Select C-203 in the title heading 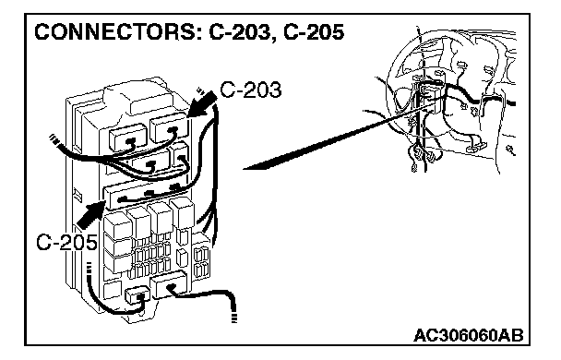click(x=239, y=32)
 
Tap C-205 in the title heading click(x=314, y=32)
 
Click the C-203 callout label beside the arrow click(x=250, y=90)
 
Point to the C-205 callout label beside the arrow click(x=66, y=242)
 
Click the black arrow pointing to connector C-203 click(x=201, y=104)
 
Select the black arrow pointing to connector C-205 click(x=91, y=214)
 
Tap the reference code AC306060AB click(x=469, y=336)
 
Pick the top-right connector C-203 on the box click(x=169, y=129)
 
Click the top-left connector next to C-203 click(x=127, y=137)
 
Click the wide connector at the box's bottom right click(x=169, y=284)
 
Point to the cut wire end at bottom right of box click(x=234, y=318)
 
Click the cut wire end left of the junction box click(x=54, y=138)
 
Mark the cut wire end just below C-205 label click(x=90, y=269)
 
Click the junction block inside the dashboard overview click(x=430, y=98)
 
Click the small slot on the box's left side click(x=77, y=194)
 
